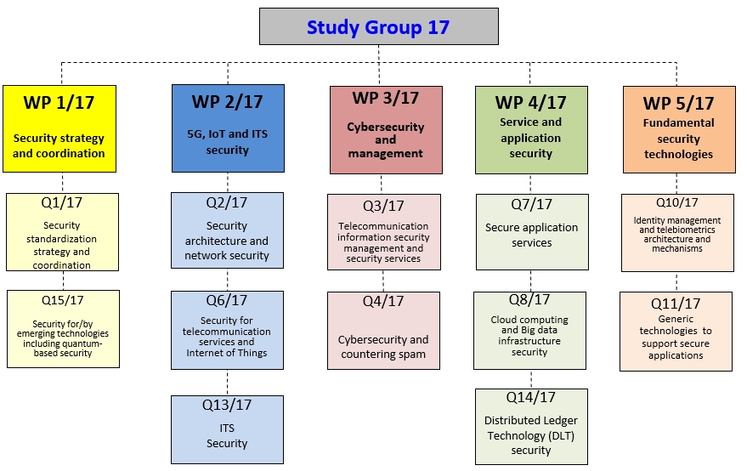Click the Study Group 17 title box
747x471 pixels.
pos(378,26)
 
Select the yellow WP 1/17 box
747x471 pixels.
pos(59,128)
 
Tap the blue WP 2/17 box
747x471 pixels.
pos(227,128)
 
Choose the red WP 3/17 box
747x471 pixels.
pos(385,128)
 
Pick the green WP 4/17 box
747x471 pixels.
pos(530,128)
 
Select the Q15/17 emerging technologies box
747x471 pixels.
pos(62,329)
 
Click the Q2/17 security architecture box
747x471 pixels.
pos(227,232)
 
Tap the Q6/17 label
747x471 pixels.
pos(227,300)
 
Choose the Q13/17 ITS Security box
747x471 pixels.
pos(227,428)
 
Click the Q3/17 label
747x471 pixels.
pos(384,206)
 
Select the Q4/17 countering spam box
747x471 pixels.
pos(384,331)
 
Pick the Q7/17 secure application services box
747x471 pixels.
pos(531,232)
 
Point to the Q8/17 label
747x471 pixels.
pos(529,300)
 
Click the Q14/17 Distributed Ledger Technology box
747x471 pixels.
pos(531,427)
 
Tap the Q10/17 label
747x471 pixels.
pos(676,202)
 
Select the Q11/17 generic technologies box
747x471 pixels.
pos(676,332)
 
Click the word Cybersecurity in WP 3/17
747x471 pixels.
pos(385,127)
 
